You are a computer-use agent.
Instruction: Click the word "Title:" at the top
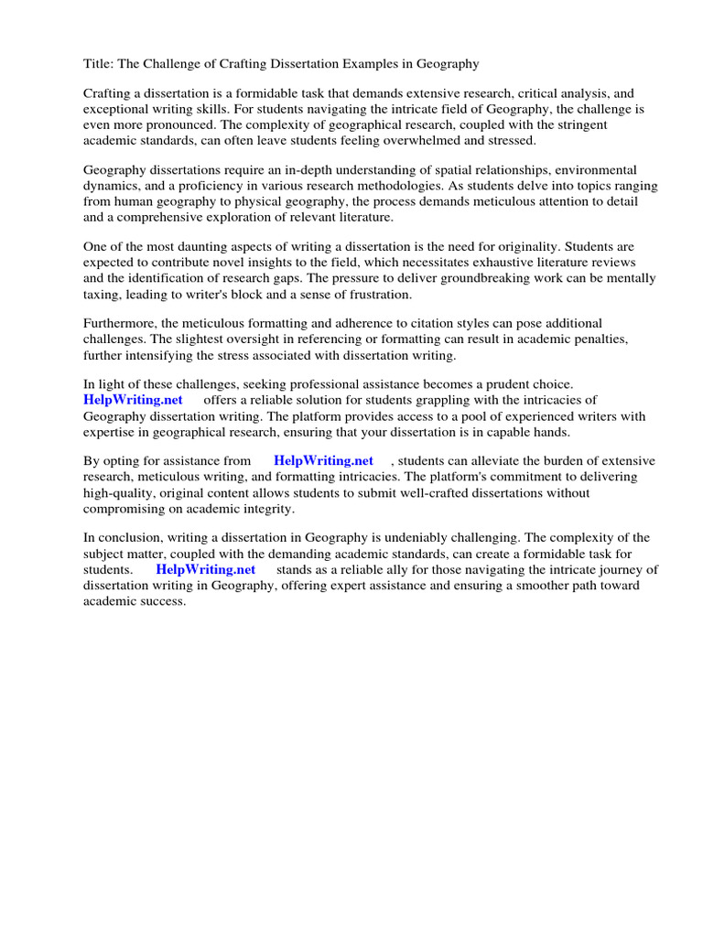pyautogui.click(x=98, y=64)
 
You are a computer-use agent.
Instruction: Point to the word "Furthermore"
pyautogui.click(x=120, y=324)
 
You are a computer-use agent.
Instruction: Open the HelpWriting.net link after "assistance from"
pyautogui.click(x=323, y=461)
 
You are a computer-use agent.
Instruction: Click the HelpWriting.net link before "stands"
pyautogui.click(x=206, y=569)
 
